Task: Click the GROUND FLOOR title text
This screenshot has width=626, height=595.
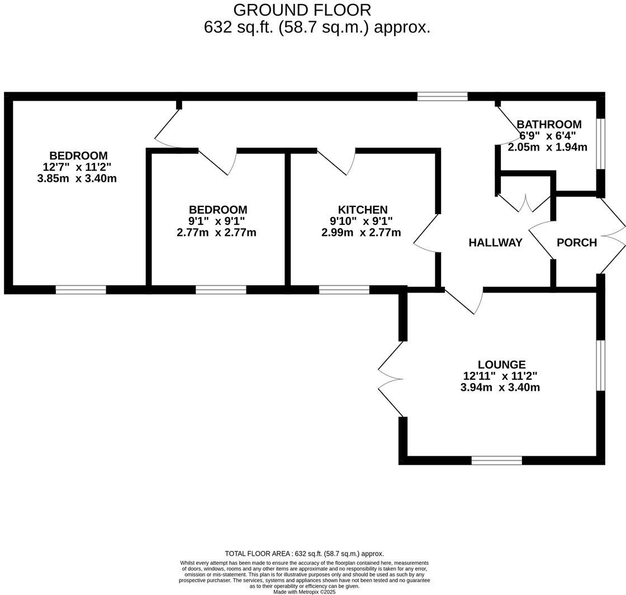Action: (302, 10)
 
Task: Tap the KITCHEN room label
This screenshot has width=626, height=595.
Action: (363, 210)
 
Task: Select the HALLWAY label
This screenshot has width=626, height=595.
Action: (495, 243)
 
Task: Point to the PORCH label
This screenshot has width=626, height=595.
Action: (577, 243)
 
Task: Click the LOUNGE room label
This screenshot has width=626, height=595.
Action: (501, 365)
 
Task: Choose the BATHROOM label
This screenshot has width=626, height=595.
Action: (549, 124)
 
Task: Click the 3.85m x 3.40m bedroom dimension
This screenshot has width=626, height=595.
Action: (77, 178)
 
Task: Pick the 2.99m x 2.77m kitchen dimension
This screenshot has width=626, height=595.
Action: (361, 233)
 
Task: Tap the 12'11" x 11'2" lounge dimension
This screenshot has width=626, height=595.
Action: (500, 376)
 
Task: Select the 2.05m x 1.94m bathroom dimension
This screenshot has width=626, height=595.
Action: (547, 148)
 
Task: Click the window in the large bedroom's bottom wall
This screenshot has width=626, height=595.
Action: (81, 290)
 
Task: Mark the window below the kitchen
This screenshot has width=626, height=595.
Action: (344, 290)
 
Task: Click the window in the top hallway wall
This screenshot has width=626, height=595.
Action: (442, 96)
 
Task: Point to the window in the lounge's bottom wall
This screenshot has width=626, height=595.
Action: (496, 460)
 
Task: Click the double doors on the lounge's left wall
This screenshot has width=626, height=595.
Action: (391, 379)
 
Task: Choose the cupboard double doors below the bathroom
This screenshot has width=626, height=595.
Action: (525, 204)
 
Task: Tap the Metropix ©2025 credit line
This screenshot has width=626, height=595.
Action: (305, 592)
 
